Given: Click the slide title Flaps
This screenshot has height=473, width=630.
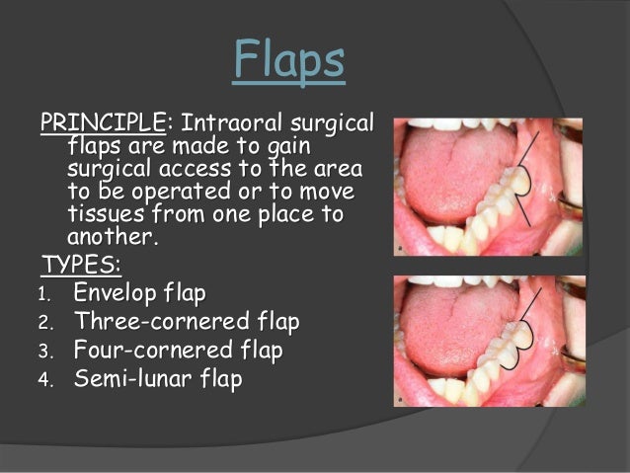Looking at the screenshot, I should (x=289, y=62).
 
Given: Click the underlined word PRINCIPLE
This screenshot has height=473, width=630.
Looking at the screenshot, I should (x=103, y=125).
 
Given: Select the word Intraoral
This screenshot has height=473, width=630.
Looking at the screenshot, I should (x=233, y=125).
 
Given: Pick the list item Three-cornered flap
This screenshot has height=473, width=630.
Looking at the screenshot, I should (x=186, y=322).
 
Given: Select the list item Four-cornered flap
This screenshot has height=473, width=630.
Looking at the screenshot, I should (x=178, y=351).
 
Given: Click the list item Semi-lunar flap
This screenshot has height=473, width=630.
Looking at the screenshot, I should (x=157, y=379).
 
